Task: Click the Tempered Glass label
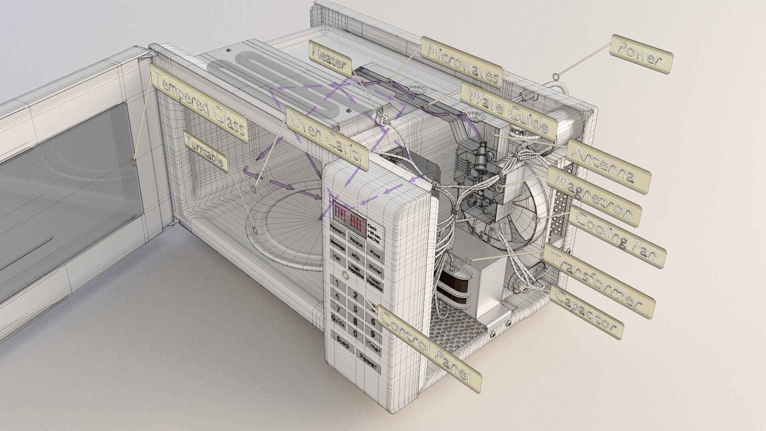(x=199, y=105)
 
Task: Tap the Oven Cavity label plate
(x=327, y=140)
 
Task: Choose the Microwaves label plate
(x=462, y=62)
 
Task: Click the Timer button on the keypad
(x=373, y=348)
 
